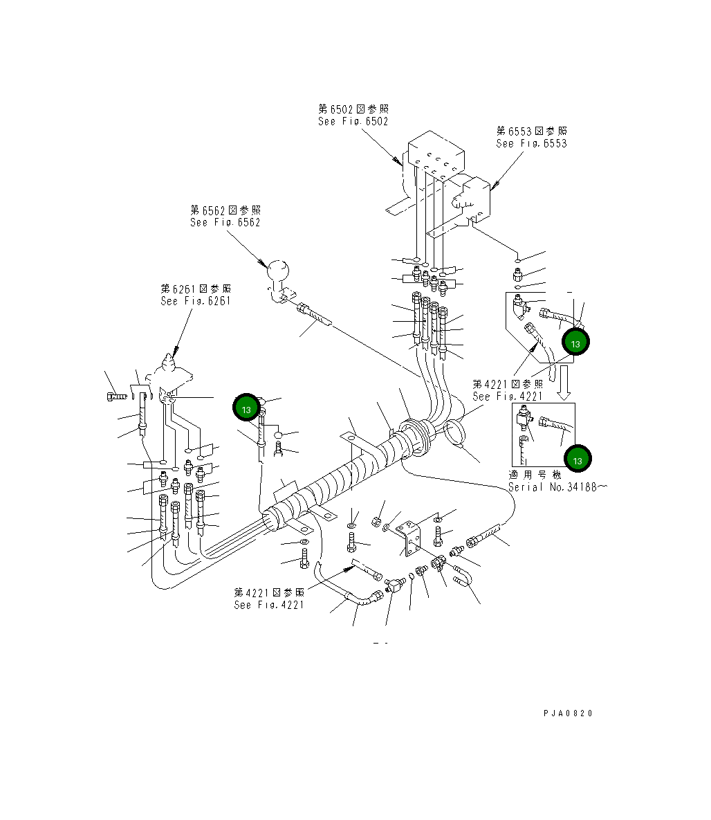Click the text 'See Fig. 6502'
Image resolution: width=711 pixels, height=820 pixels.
(x=353, y=121)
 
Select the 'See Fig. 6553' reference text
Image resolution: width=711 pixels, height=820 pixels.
(x=531, y=143)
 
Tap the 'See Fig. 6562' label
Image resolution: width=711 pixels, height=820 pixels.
(x=225, y=222)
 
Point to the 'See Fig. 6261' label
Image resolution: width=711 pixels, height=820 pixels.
(x=195, y=301)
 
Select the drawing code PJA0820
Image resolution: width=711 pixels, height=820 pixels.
(x=568, y=713)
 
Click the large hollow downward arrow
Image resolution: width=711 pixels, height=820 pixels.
(x=564, y=383)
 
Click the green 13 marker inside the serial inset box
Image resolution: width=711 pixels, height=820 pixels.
(x=578, y=458)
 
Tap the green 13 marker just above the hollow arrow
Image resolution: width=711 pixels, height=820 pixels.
(x=575, y=342)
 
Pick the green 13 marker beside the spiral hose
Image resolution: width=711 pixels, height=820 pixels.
(x=246, y=408)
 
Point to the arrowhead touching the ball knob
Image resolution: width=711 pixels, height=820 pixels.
(x=263, y=264)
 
